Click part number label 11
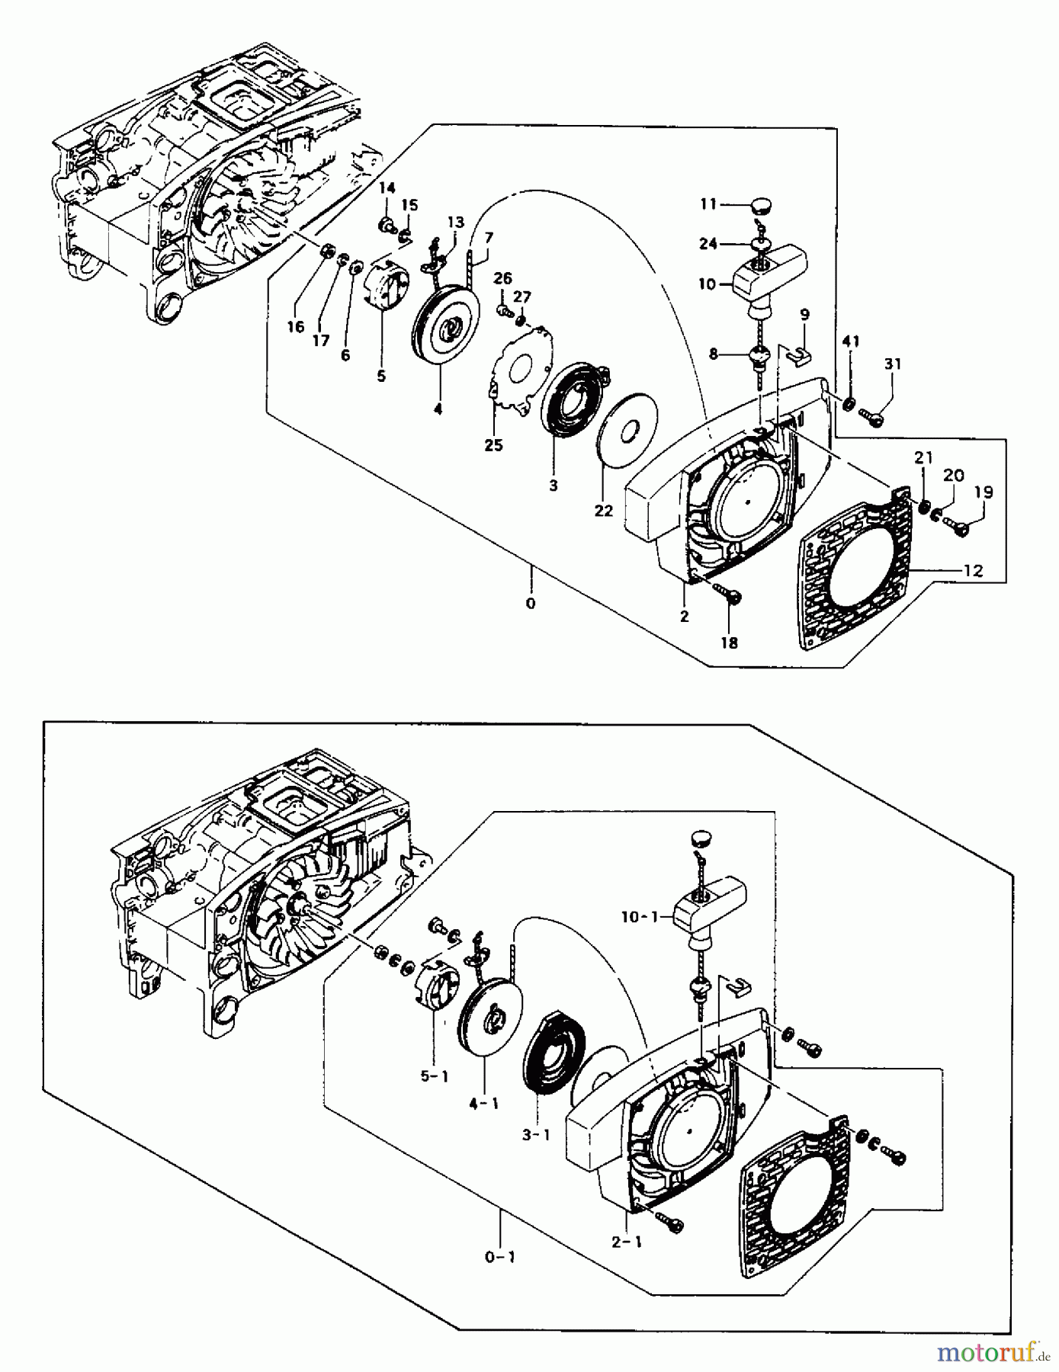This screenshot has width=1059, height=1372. click(708, 204)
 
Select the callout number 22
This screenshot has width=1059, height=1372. click(603, 511)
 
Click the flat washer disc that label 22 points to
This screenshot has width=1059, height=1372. click(629, 431)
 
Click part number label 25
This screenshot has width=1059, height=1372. click(493, 445)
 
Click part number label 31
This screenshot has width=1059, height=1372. click(892, 364)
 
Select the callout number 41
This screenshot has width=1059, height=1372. click(851, 342)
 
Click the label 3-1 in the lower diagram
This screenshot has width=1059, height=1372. click(536, 1135)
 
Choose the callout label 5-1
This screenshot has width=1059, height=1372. click(435, 1076)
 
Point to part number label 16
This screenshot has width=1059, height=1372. click(295, 327)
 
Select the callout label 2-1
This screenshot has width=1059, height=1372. click(627, 1242)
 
